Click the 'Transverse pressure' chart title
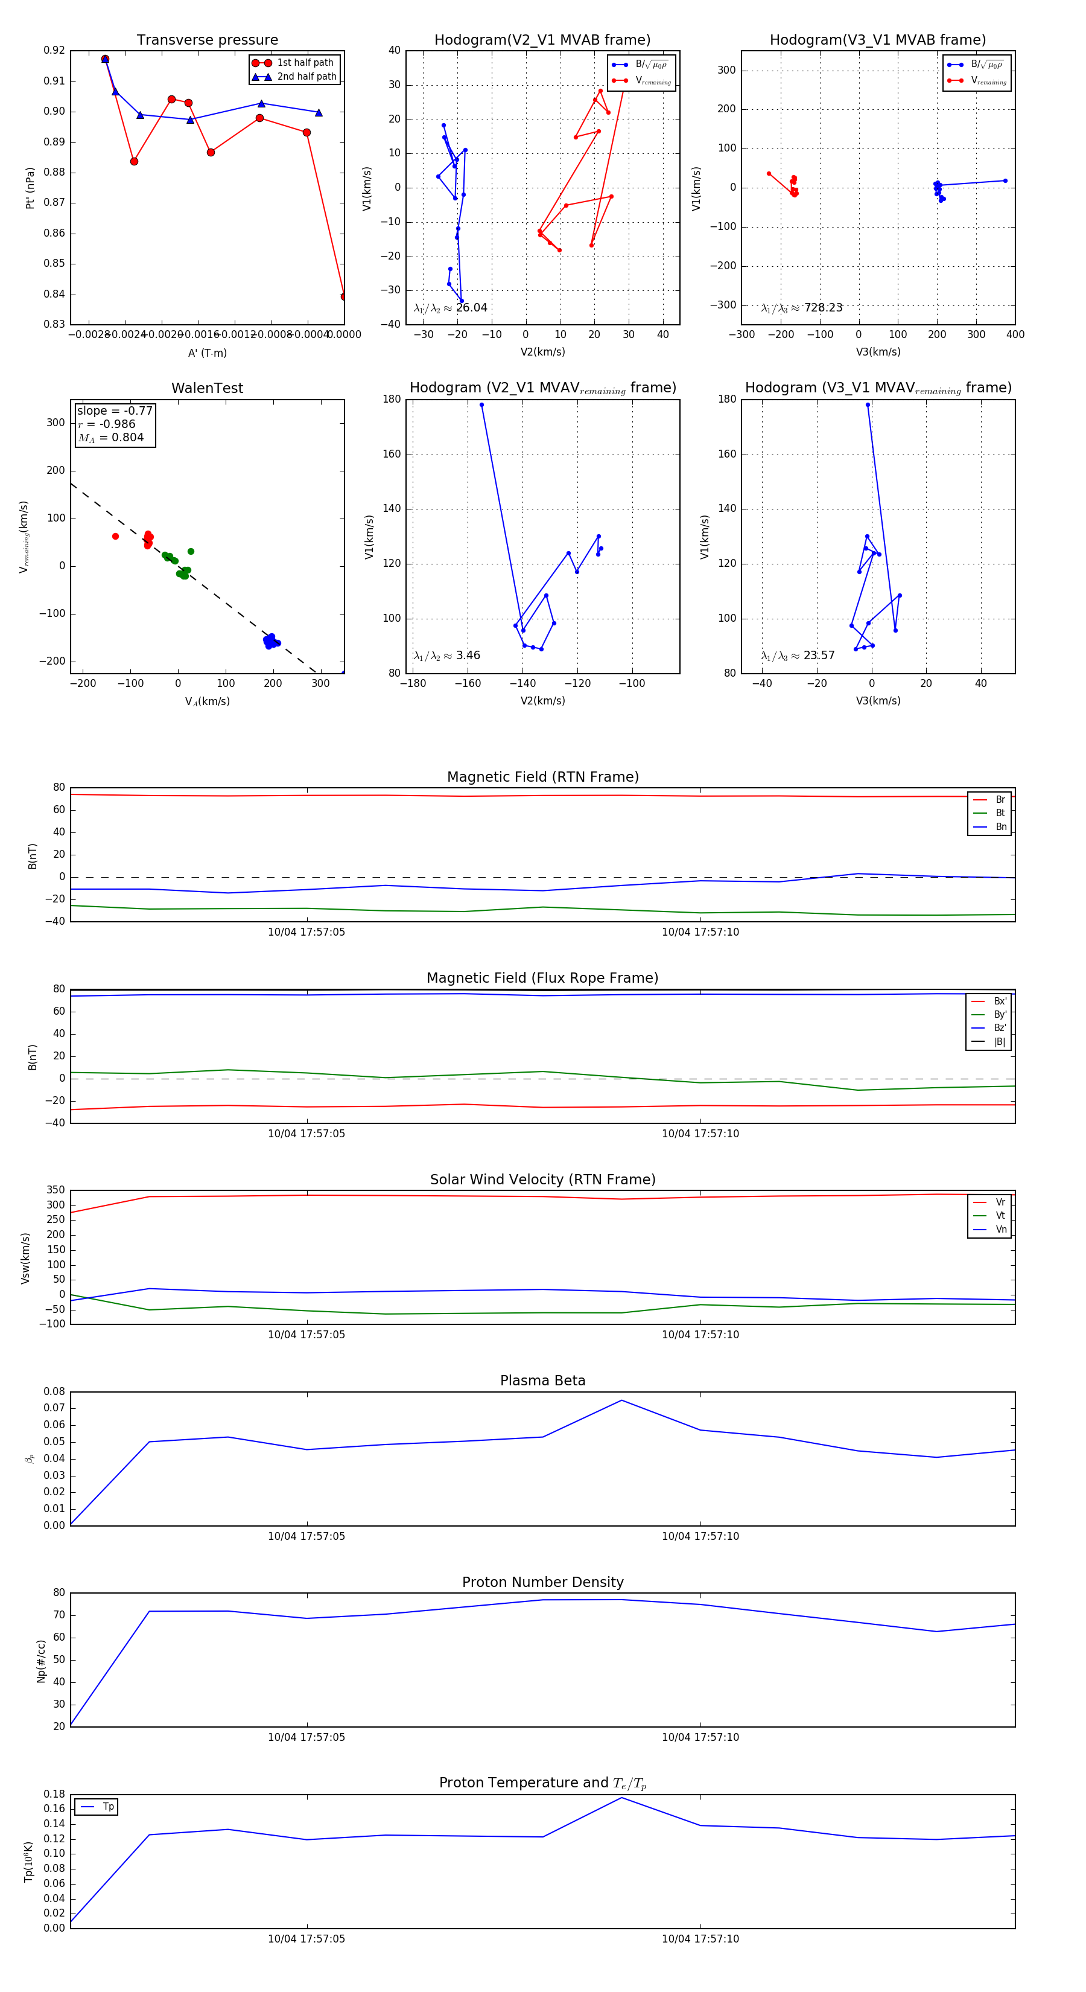point(207,40)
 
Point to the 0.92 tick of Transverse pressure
point(54,50)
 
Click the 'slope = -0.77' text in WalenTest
point(115,410)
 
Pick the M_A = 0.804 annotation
point(110,438)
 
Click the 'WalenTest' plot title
point(207,388)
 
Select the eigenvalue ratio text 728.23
point(822,308)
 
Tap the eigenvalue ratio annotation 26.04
point(471,308)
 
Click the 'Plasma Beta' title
point(542,1381)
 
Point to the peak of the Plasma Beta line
point(621,1400)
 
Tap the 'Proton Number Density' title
point(542,1582)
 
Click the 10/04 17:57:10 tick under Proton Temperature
point(700,1939)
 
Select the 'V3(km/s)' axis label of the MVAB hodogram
point(878,352)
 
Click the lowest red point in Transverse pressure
point(344,296)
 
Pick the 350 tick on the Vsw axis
point(56,1190)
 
